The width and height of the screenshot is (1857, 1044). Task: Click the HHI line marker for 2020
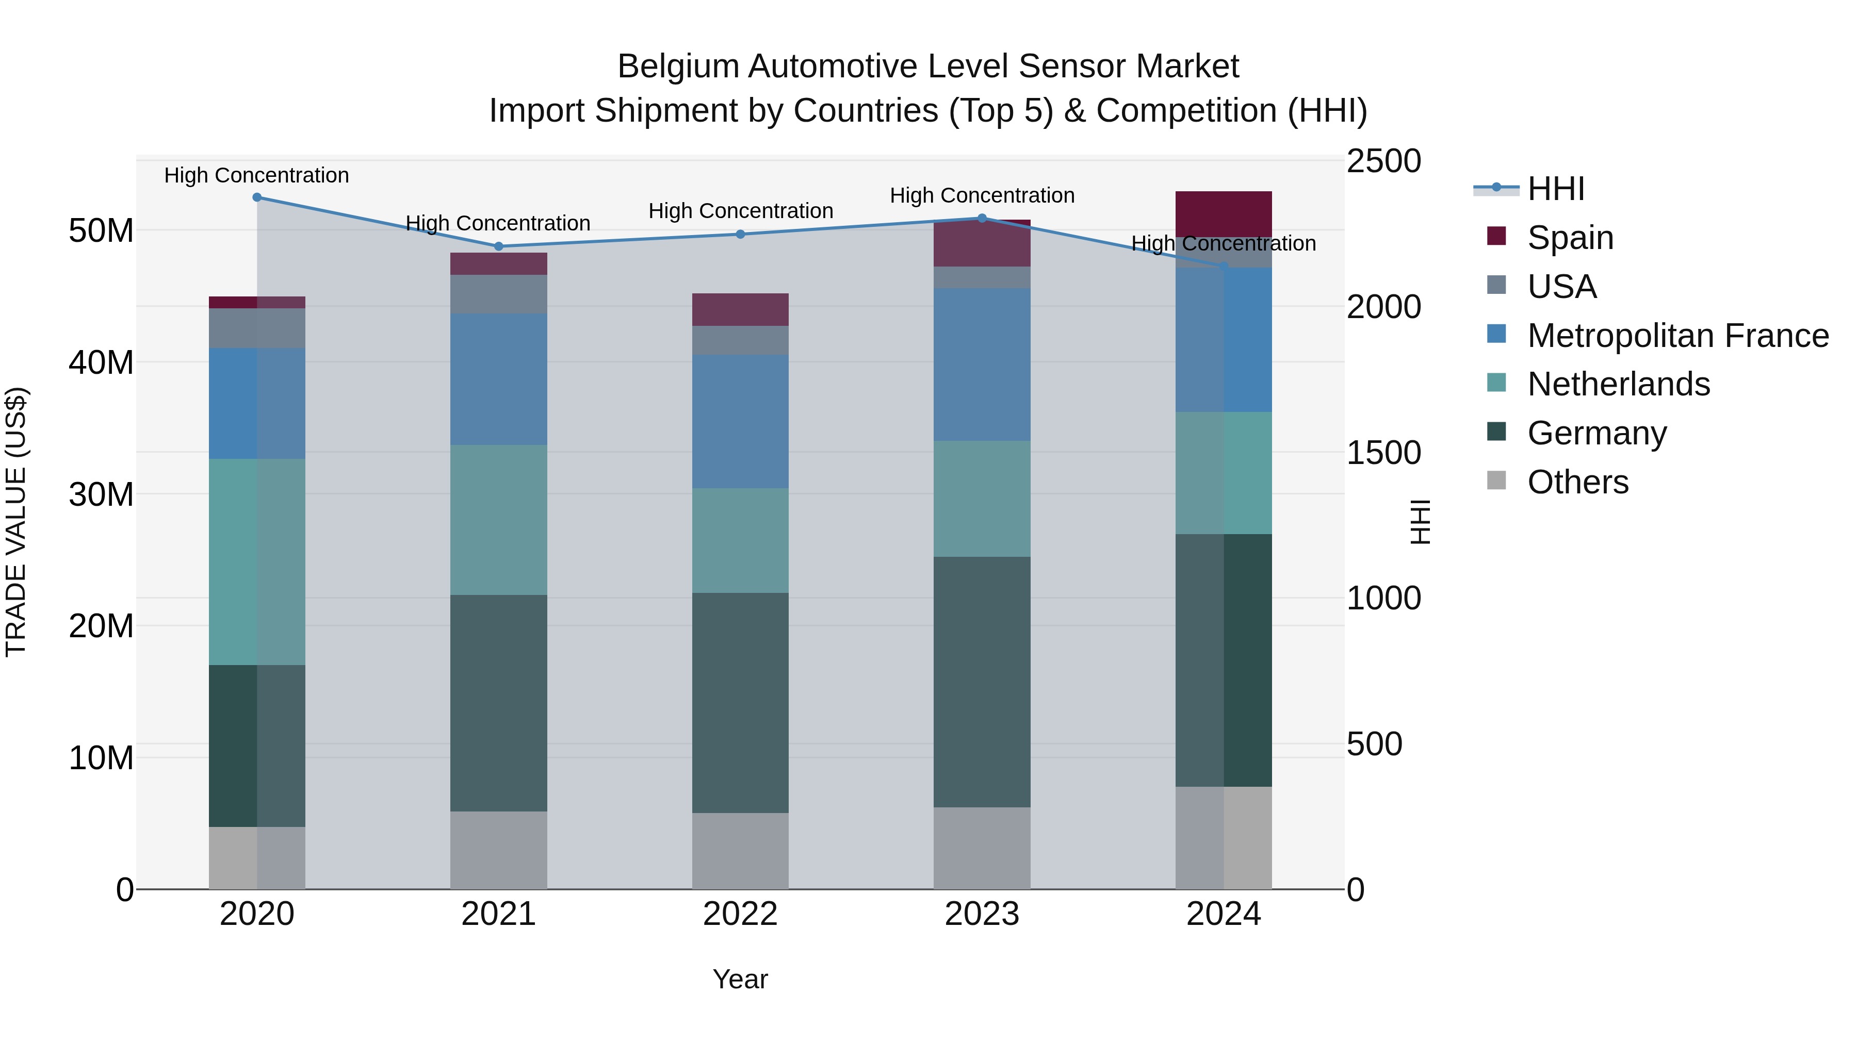[257, 197]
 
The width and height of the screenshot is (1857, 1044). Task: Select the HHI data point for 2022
[740, 234]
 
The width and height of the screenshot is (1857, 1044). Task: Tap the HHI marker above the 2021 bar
[498, 246]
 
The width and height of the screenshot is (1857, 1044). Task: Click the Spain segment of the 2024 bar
[1224, 214]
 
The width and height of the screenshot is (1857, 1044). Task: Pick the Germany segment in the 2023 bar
[981, 682]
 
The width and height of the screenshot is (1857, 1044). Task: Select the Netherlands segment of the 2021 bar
[498, 520]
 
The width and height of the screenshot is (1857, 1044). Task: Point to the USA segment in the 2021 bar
[498, 294]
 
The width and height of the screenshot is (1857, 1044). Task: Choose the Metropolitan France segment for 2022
[740, 422]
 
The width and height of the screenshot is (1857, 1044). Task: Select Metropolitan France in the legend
[1677, 336]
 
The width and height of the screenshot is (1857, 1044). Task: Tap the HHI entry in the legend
[1556, 189]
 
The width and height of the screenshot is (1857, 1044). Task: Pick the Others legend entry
[1577, 482]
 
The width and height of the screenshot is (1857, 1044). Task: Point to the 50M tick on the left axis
[101, 231]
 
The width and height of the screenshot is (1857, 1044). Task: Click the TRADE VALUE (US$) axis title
[16, 522]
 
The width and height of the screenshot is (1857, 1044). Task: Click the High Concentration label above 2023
[982, 195]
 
